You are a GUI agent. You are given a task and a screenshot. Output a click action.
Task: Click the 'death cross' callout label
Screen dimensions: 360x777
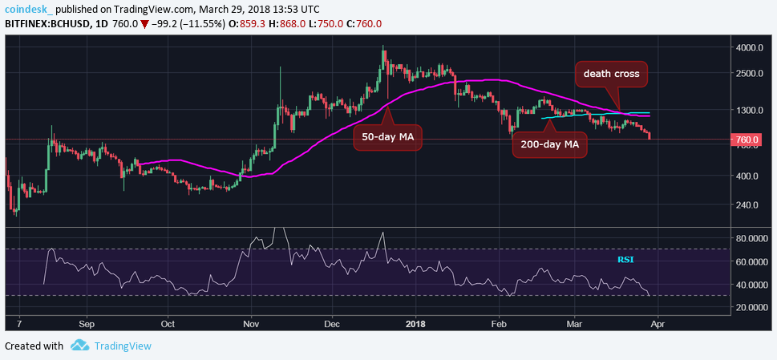coord(611,74)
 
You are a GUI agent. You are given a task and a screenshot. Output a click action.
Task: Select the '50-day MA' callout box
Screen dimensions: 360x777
coord(387,137)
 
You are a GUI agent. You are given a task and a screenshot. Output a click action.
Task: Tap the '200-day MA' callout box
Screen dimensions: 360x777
coord(549,145)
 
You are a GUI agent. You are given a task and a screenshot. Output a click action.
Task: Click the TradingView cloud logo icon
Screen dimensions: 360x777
coord(79,346)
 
